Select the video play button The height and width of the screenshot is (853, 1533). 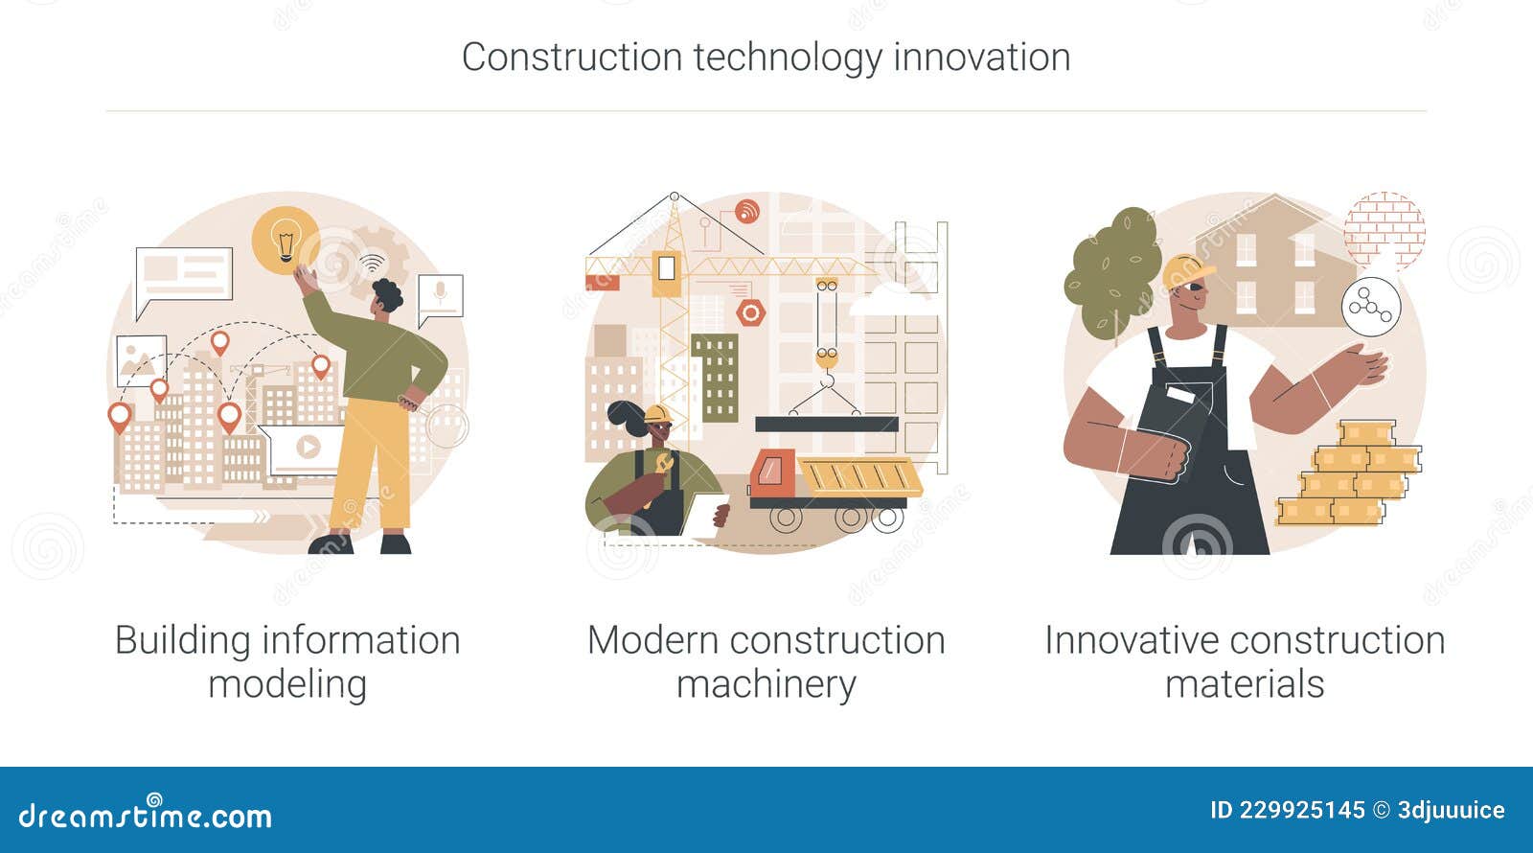(307, 447)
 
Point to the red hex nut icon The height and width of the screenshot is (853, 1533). (750, 312)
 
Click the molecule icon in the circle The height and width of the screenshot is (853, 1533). (1370, 308)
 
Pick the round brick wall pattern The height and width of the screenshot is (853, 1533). (1384, 230)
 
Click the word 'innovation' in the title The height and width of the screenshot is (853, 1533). (981, 58)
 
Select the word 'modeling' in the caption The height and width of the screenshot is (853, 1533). (287, 684)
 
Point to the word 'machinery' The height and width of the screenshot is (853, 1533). (766, 684)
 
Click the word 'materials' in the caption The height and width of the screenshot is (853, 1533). (1244, 684)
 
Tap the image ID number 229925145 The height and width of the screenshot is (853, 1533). (1301, 810)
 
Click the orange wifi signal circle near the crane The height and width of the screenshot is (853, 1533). (746, 211)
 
